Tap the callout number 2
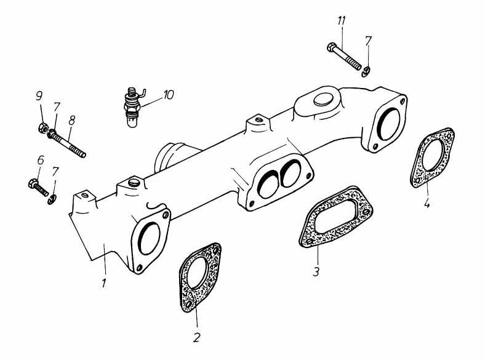click(x=197, y=337)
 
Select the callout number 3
click(x=315, y=270)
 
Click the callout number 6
click(x=41, y=159)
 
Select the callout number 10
click(x=168, y=95)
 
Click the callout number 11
click(x=341, y=22)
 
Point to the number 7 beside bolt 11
click(x=368, y=41)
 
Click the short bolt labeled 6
click(x=38, y=186)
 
